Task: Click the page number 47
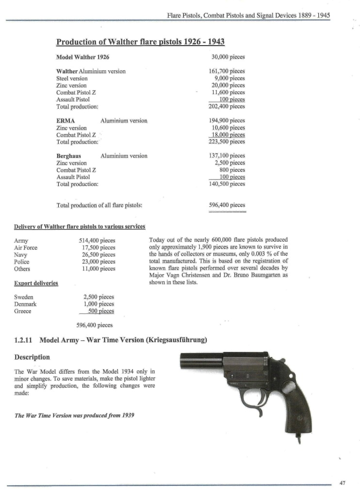pyautogui.click(x=342, y=483)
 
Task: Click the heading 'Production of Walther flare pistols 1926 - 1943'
pyautogui.click(x=141, y=42)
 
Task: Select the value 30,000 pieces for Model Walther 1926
pyautogui.click(x=227, y=57)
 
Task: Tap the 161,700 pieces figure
pyautogui.click(x=227, y=71)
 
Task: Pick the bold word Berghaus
pyautogui.click(x=68, y=156)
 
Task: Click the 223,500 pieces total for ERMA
pyautogui.click(x=227, y=142)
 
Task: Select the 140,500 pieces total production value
pyautogui.click(x=227, y=184)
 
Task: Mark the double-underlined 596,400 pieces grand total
pyautogui.click(x=227, y=205)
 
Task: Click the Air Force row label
pyautogui.click(x=26, y=248)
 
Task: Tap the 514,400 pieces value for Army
pyautogui.click(x=97, y=240)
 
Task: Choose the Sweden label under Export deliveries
pyautogui.click(x=24, y=297)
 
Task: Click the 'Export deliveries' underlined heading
pyautogui.click(x=36, y=283)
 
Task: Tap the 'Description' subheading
pyautogui.click(x=32, y=357)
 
